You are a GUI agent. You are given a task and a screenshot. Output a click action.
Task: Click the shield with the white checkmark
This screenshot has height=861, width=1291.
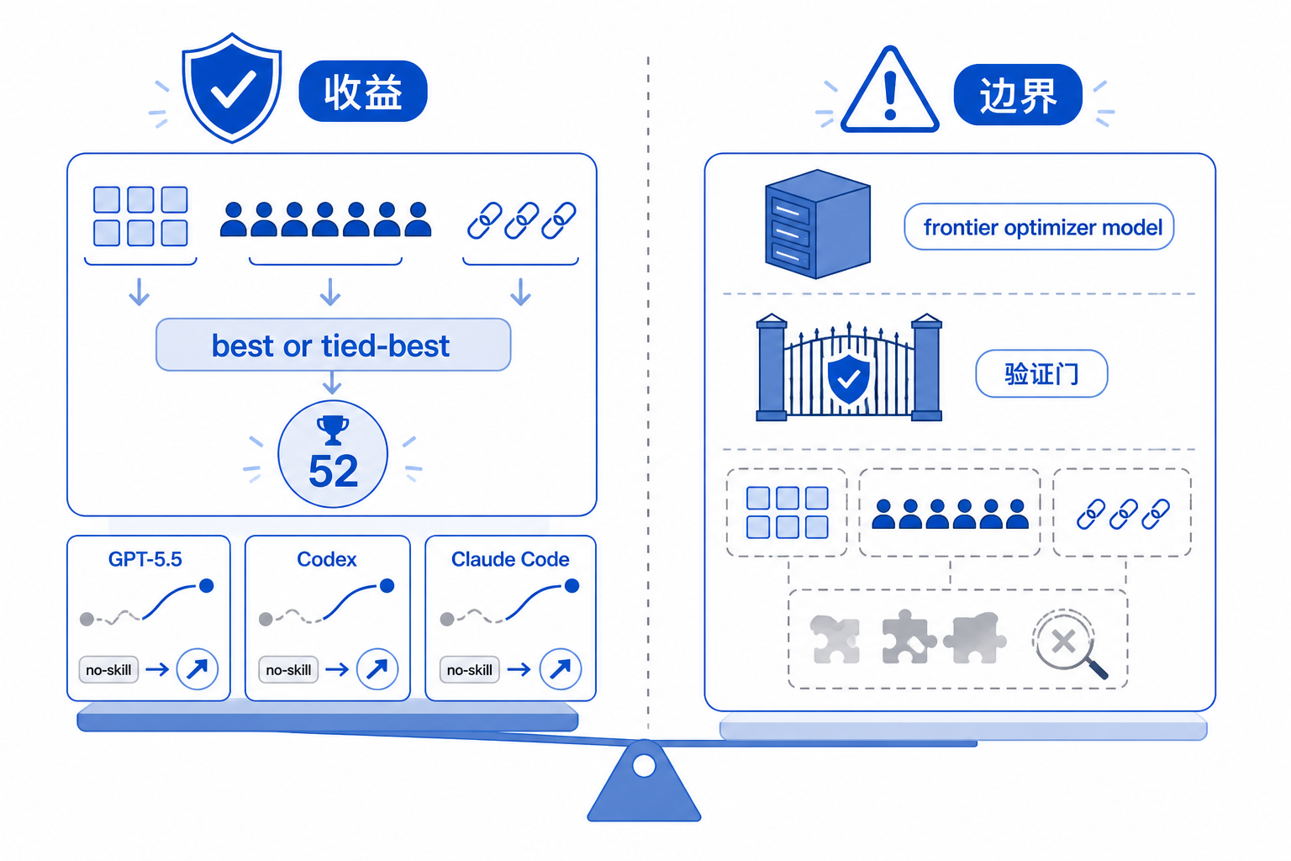[232, 87]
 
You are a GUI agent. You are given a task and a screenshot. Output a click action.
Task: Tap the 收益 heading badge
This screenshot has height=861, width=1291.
[363, 91]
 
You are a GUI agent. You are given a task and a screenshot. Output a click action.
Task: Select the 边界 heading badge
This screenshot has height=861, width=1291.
[1018, 94]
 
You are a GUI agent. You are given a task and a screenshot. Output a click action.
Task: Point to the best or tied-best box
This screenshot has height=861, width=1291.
[333, 345]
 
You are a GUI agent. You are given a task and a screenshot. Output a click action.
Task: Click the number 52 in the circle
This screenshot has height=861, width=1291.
[333, 472]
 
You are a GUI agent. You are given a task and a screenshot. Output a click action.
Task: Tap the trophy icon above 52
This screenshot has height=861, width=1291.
[333, 430]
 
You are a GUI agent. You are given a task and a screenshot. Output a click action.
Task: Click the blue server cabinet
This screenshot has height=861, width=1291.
[817, 224]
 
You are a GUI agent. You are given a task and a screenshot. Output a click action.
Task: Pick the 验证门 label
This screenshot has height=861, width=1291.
[1041, 373]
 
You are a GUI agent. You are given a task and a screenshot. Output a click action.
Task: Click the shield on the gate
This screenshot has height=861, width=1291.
[848, 378]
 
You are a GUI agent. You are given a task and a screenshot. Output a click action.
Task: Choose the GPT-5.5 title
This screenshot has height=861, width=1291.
[145, 559]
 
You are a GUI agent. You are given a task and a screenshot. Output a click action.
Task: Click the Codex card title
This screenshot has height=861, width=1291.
[327, 559]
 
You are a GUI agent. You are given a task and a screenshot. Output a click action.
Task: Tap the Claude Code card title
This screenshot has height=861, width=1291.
[510, 559]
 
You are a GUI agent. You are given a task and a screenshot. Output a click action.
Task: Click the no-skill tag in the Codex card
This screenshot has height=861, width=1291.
[288, 669]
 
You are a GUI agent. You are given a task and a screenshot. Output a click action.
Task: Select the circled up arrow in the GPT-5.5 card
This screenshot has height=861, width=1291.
[198, 669]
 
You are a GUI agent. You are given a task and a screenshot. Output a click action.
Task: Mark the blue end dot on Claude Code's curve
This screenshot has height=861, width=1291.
[572, 586]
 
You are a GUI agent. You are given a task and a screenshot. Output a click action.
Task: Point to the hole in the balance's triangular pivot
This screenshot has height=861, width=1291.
[644, 766]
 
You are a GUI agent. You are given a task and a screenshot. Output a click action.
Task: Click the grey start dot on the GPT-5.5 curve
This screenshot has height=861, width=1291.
[87, 620]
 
